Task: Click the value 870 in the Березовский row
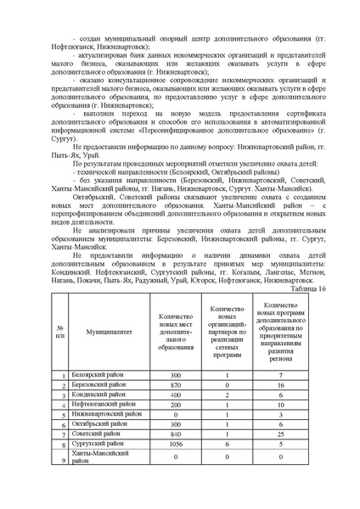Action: pos(176,384)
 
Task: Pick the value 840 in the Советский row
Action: pos(176,435)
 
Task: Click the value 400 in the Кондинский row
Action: pos(176,394)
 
